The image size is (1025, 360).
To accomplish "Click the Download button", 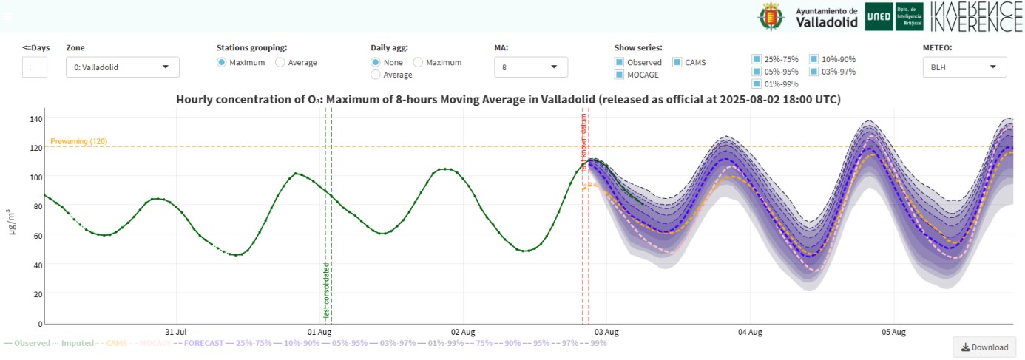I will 984,347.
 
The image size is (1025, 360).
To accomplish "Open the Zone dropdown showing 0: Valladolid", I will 122,67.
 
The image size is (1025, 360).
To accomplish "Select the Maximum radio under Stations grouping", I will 222,63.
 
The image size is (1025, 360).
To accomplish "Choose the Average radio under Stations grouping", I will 280,63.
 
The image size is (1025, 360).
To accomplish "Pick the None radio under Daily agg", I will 376,63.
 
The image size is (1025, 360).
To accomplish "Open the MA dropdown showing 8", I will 530,67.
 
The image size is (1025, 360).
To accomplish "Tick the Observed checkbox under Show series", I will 620,63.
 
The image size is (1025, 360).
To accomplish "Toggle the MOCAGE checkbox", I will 620,75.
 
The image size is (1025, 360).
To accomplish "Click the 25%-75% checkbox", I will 757,59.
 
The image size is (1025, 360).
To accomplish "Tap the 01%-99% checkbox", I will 757,84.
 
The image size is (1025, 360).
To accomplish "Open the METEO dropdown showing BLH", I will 964,67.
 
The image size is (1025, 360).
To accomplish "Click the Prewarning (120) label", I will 78,141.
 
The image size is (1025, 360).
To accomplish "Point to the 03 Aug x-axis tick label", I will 606,333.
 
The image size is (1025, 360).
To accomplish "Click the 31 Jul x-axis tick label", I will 176,333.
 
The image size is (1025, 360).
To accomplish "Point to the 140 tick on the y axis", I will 36,119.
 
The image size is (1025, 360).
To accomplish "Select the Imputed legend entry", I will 76,343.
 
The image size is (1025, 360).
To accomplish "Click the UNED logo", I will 879,17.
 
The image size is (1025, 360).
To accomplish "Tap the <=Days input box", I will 35,67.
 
